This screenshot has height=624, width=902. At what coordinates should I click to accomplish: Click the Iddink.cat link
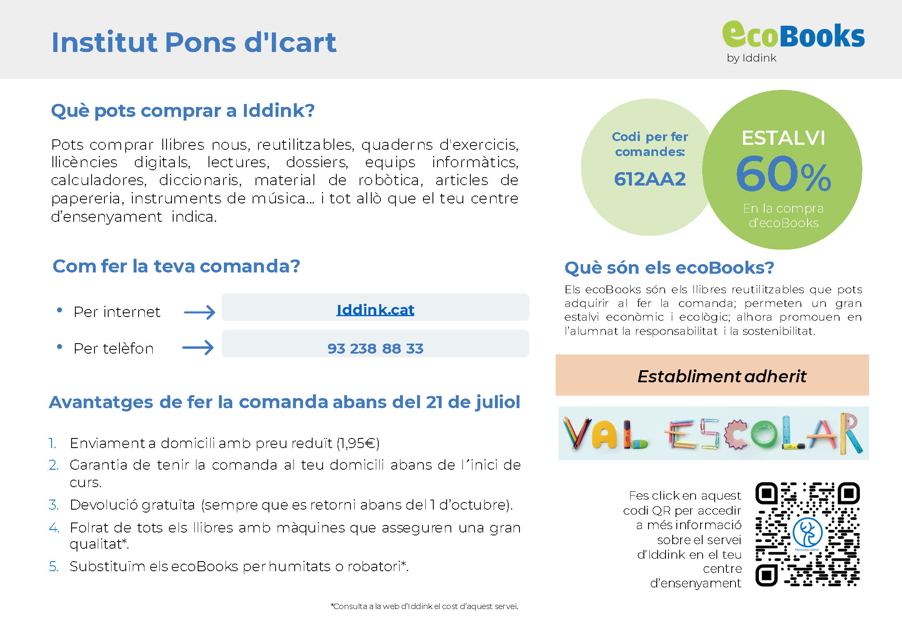[x=375, y=310]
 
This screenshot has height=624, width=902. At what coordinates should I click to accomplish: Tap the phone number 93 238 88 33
[x=375, y=348]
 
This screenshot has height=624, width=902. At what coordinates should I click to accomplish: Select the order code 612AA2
[x=650, y=179]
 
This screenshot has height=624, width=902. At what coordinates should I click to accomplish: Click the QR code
[x=808, y=534]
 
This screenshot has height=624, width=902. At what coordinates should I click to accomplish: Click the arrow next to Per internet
[x=199, y=312]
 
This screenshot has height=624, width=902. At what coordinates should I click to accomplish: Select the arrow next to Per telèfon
[x=198, y=347]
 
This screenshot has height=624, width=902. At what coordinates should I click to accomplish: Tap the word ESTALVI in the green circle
[x=783, y=138]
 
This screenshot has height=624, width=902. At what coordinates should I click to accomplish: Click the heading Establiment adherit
[x=722, y=376]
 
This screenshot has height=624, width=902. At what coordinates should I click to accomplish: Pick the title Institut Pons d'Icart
[x=194, y=42]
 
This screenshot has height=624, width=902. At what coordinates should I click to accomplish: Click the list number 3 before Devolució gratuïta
[x=53, y=505]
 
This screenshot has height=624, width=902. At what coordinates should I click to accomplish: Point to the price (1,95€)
[x=358, y=443]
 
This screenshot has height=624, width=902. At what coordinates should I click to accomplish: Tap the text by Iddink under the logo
[x=751, y=58]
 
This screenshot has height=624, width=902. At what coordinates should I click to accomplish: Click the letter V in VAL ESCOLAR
[x=577, y=433]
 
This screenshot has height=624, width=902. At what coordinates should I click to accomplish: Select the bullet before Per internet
[x=60, y=310]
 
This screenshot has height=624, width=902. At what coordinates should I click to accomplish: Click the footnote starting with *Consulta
[x=424, y=606]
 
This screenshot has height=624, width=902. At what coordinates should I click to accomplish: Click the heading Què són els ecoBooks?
[x=669, y=268]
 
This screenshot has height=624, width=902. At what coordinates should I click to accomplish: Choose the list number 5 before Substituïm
[x=53, y=566]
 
